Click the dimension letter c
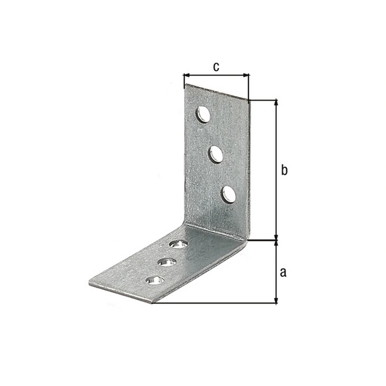(216, 67)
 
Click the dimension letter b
(284, 170)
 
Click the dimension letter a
(283, 272)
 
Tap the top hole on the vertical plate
(203, 114)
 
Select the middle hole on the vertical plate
(215, 154)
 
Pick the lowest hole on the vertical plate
(229, 194)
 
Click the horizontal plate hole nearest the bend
(178, 244)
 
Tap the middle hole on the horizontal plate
(167, 262)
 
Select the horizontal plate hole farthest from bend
(155, 280)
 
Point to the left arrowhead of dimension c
(186, 75)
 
